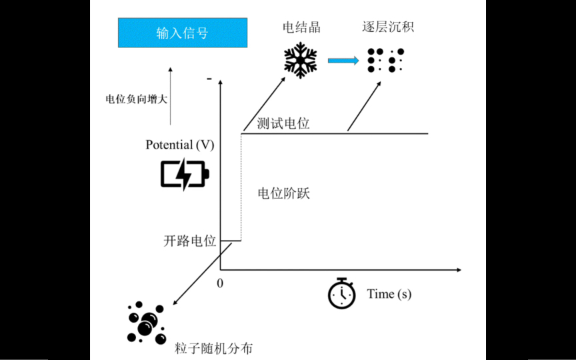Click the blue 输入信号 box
click(182, 33)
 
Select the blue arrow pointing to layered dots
click(343, 61)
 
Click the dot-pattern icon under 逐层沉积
click(386, 60)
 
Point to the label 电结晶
click(301, 27)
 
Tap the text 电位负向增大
click(137, 99)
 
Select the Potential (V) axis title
click(180, 145)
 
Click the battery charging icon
click(185, 174)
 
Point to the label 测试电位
click(283, 123)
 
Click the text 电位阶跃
click(284, 194)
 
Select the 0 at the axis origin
click(220, 282)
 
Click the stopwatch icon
click(341, 293)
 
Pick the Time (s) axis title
click(389, 294)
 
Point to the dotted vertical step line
click(241, 187)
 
